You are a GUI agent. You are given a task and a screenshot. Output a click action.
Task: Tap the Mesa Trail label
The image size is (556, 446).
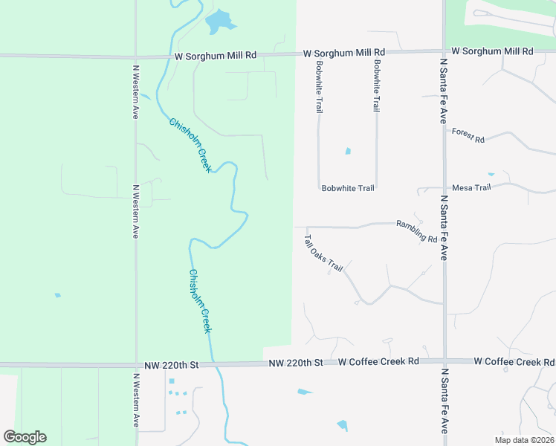(471, 188)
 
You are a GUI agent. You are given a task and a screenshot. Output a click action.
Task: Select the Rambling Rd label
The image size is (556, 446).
(416, 231)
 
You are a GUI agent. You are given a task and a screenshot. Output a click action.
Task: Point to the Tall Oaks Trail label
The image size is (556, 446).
(323, 253)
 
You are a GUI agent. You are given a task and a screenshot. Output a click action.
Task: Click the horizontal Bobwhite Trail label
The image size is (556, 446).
(348, 188)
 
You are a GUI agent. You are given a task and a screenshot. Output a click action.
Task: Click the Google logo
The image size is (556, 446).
(25, 437)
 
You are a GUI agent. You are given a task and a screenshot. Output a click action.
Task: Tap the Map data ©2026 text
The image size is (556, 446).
(523, 440)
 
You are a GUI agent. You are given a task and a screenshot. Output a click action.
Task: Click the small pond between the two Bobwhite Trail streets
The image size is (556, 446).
(348, 152)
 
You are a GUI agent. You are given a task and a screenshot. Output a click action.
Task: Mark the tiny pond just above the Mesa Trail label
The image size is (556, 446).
(490, 174)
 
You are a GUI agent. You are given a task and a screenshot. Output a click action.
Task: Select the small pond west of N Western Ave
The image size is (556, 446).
(57, 295)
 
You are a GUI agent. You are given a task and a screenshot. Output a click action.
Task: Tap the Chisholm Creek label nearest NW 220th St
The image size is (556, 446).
(200, 301)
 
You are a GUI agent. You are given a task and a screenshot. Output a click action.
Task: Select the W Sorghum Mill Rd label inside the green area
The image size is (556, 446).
(216, 55)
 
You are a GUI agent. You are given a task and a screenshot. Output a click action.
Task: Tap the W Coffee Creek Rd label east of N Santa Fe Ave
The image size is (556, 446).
(514, 361)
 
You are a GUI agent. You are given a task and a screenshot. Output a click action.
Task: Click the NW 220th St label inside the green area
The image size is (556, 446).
(173, 364)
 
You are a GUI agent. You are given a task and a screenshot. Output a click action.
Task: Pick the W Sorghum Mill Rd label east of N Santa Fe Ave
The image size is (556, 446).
(492, 51)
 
